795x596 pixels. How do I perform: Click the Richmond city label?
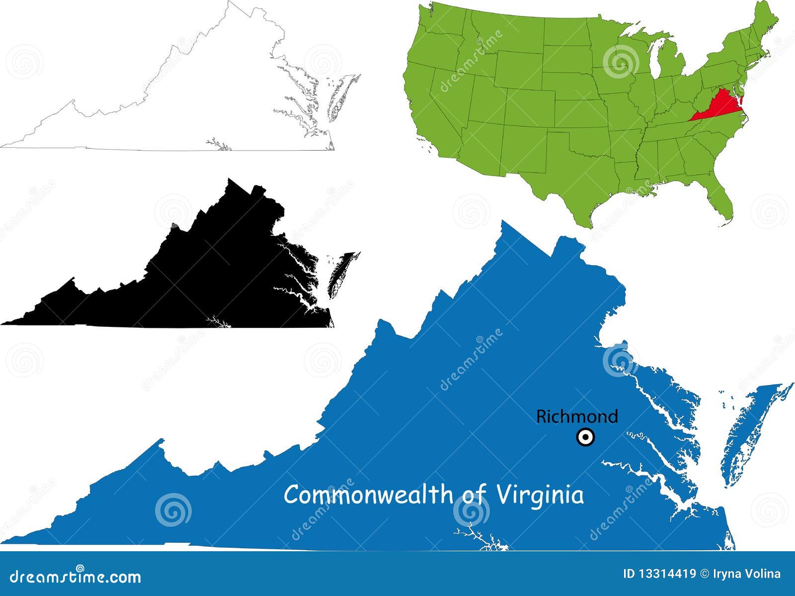click(x=577, y=416)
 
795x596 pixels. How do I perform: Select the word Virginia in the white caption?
click(x=540, y=496)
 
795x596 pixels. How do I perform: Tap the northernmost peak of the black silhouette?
click(x=230, y=180)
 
